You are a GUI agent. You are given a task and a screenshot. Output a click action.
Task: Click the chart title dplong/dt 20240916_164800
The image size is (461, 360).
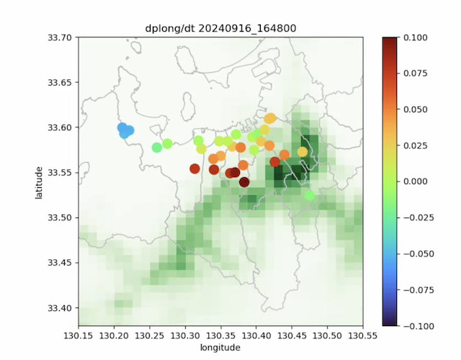[x=221, y=28]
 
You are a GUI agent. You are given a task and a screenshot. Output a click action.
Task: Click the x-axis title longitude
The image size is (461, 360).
[x=221, y=348]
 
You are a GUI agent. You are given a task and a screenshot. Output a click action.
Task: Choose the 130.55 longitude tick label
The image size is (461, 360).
[x=364, y=336]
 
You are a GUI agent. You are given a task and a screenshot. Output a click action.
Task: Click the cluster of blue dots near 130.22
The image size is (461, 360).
[x=125, y=130]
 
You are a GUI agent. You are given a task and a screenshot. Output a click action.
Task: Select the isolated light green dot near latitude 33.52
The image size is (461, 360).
[x=310, y=195]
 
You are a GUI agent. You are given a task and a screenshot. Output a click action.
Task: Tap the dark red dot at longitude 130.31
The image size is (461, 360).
[x=194, y=169]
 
